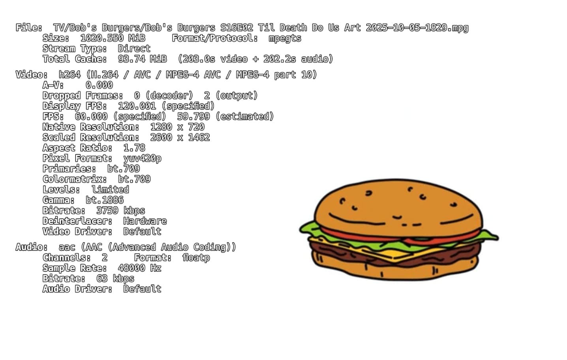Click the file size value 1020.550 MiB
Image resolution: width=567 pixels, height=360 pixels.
coord(113,38)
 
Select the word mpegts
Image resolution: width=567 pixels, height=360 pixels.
coord(285,38)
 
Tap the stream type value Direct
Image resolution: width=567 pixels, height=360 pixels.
coord(134,49)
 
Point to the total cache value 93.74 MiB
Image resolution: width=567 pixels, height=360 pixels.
coord(142,59)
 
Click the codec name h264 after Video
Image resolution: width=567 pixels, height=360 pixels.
coord(69,75)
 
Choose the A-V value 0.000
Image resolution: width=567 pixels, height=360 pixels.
coord(99,85)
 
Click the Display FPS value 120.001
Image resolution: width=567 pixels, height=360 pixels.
coord(137,106)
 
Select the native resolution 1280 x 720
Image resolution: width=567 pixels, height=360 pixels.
coord(177,127)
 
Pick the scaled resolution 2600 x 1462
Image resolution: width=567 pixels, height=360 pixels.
coord(180,137)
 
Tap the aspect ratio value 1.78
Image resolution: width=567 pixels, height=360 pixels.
coord(134,148)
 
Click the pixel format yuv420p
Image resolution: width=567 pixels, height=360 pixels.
coord(142,158)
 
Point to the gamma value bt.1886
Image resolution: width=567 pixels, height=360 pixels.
coord(105,200)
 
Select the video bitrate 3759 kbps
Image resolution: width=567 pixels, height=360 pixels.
coord(120,210)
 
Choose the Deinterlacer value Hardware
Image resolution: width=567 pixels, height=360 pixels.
coord(145,221)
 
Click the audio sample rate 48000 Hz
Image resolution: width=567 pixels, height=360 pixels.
coord(139,268)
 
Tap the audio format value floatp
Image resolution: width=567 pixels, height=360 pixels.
coord(196,258)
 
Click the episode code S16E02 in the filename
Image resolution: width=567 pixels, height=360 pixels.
coord(237,28)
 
